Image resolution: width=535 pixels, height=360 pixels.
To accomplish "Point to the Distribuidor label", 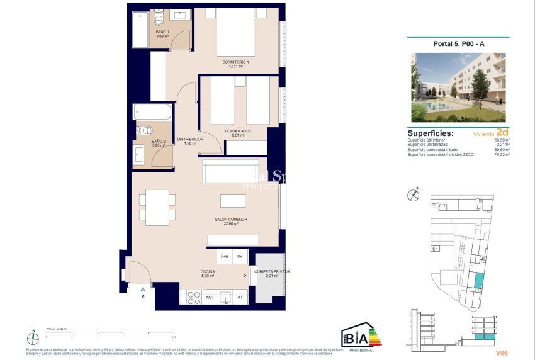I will click(189, 141).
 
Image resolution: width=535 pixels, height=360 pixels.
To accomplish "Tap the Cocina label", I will click(208, 273).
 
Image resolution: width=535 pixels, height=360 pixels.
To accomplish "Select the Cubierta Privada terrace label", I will click(272, 273).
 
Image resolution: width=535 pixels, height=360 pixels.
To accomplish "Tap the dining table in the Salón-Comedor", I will click(157, 207).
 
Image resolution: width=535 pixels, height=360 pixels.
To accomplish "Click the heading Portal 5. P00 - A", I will click(459, 43).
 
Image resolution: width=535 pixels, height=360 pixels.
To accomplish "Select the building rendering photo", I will click(458, 87).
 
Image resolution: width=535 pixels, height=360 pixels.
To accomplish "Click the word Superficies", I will click(431, 133).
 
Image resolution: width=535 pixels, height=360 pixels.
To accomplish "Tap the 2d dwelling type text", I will click(502, 133).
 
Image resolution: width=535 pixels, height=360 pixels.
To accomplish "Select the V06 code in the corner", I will click(502, 353).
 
